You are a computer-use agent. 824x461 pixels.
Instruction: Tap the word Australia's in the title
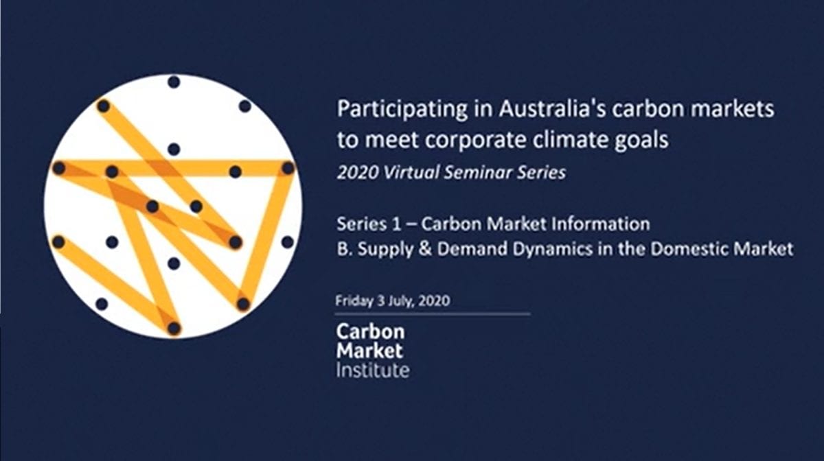point(552,108)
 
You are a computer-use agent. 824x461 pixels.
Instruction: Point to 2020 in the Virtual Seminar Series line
point(358,172)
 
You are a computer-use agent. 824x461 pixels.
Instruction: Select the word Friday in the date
point(354,301)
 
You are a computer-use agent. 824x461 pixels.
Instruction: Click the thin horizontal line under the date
point(432,314)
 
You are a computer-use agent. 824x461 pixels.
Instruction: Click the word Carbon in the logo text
point(370,331)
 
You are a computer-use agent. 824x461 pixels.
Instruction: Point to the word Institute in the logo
point(373,370)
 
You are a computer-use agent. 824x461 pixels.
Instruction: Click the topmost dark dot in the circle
point(174,82)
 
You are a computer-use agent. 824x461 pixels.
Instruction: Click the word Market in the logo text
point(369,351)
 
